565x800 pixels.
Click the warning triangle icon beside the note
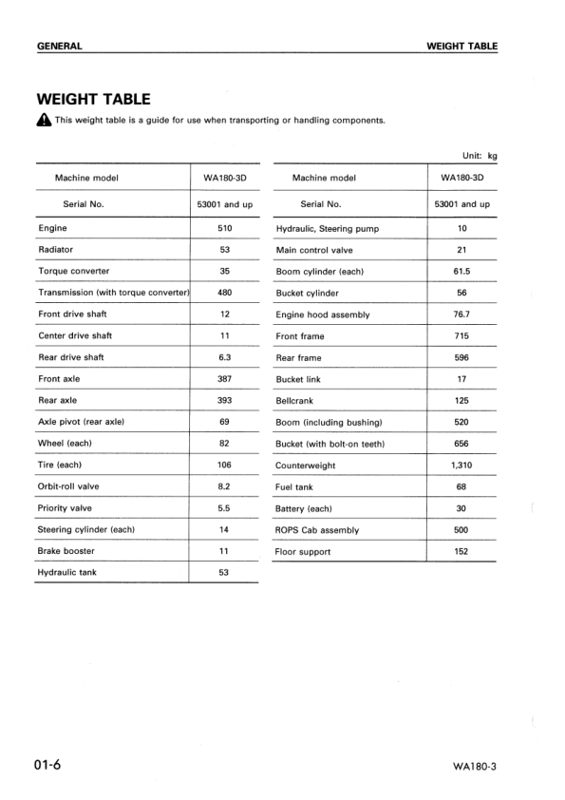(x=44, y=121)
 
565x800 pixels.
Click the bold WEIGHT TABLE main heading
(x=93, y=99)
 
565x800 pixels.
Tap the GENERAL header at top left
(x=59, y=46)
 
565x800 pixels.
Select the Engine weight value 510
(x=225, y=229)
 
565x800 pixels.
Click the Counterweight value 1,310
(x=461, y=466)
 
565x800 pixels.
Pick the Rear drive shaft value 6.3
(x=225, y=357)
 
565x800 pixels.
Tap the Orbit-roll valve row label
(x=68, y=486)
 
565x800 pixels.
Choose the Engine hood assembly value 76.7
(x=461, y=314)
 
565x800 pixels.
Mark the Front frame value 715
(x=461, y=336)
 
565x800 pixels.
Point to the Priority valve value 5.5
(x=225, y=508)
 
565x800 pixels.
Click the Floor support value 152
(x=461, y=551)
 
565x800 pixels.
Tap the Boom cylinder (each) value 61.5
(x=461, y=272)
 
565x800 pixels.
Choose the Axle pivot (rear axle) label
(x=82, y=422)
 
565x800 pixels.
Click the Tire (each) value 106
(x=225, y=465)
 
